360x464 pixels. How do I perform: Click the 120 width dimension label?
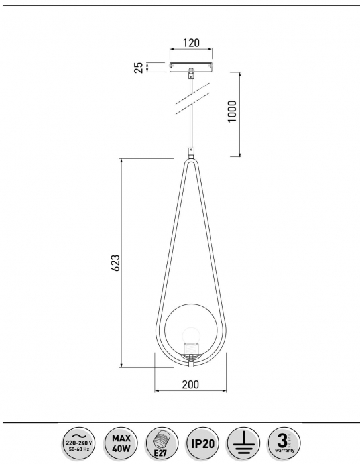click(x=190, y=43)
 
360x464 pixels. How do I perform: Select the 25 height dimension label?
click(x=139, y=67)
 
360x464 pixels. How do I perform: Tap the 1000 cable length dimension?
click(x=231, y=113)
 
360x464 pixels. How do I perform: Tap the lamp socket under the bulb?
click(x=190, y=349)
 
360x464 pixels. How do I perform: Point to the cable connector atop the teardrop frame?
click(x=191, y=152)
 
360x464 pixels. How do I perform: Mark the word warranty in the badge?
click(x=282, y=450)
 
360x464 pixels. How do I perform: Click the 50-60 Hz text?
click(x=80, y=448)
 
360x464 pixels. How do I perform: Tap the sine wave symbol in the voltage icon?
click(x=80, y=433)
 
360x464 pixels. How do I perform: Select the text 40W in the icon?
click(x=120, y=447)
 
